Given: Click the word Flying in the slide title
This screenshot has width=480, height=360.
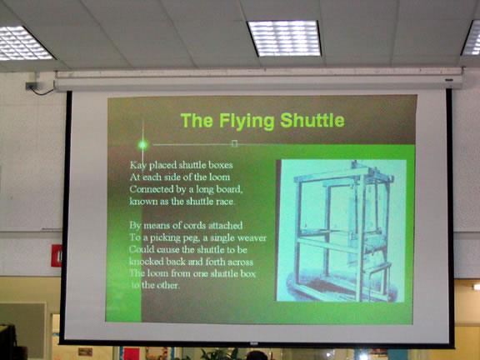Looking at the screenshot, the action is (x=247, y=121).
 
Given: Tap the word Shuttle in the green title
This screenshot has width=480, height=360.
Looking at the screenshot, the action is (x=312, y=120).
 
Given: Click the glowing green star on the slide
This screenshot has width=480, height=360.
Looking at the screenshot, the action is (x=142, y=145).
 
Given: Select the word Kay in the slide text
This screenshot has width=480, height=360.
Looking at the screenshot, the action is (x=138, y=165).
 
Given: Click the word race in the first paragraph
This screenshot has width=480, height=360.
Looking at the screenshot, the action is (x=225, y=202).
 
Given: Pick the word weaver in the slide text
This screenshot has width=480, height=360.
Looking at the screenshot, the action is (x=252, y=238).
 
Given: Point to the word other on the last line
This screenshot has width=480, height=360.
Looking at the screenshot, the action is (x=167, y=285).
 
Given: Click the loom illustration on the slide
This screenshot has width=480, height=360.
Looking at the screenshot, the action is (x=342, y=231).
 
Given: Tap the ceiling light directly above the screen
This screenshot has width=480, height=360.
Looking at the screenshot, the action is (x=284, y=38).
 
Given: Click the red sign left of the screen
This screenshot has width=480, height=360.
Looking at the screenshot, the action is (x=57, y=256).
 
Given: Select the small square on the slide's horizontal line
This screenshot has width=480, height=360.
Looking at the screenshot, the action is (x=234, y=143).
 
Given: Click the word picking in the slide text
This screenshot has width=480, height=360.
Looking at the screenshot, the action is (x=165, y=238).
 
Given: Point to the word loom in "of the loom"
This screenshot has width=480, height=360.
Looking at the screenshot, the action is (x=219, y=177).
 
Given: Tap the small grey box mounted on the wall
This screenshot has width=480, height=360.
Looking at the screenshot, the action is (x=32, y=86).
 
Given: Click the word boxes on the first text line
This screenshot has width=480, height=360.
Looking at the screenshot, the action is (x=220, y=165).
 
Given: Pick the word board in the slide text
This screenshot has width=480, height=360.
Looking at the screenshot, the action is (x=229, y=189).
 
